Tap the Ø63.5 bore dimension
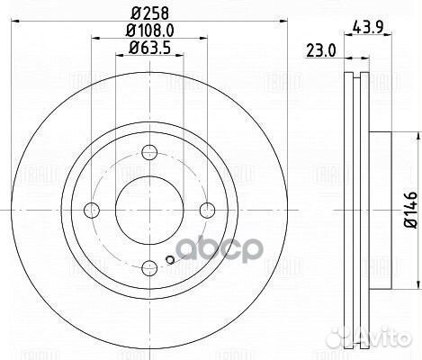pos(149,49)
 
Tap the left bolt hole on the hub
pos(90,211)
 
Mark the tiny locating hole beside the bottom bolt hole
pos(169,262)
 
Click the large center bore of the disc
pos(149,211)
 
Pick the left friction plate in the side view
pos(349,211)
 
